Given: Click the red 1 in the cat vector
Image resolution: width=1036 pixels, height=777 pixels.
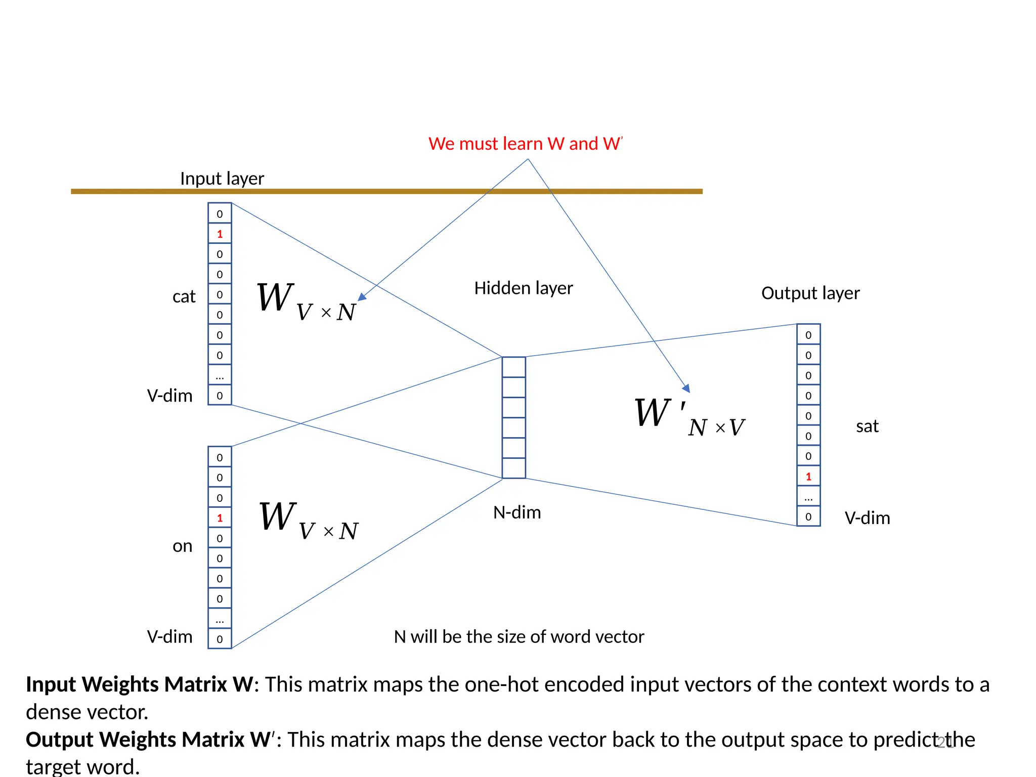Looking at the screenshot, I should [x=220, y=234].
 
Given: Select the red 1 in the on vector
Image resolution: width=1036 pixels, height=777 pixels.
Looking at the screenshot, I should [x=220, y=518].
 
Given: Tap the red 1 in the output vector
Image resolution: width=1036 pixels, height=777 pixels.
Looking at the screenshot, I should [x=808, y=477].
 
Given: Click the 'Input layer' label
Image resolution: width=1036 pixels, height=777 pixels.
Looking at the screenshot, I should [x=222, y=179].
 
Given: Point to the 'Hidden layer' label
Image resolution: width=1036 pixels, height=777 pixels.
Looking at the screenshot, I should [x=524, y=288].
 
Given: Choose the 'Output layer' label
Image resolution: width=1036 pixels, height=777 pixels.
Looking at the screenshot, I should [x=810, y=293].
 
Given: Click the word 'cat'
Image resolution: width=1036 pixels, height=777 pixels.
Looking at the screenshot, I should [x=184, y=296].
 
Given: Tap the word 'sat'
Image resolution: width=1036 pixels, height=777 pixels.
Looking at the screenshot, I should [x=867, y=426].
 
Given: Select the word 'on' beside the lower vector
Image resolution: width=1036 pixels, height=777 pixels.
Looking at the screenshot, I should [x=183, y=546].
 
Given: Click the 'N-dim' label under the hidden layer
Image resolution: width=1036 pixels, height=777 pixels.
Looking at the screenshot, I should [x=517, y=513].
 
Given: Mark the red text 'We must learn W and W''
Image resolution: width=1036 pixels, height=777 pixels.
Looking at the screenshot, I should [x=526, y=144].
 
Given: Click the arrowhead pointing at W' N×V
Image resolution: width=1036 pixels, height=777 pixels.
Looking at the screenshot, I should [x=686, y=388].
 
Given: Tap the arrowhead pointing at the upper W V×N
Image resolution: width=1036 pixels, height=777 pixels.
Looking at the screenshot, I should [x=362, y=297].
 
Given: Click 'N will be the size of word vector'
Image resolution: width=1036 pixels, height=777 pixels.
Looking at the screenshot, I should [x=519, y=637].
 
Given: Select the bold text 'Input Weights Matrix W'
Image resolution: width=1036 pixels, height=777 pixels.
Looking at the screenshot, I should [x=139, y=684].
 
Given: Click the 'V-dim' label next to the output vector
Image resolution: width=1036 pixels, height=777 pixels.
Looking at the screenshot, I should [x=867, y=518].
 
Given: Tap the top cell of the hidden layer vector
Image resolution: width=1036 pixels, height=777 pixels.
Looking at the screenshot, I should [x=514, y=367].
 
